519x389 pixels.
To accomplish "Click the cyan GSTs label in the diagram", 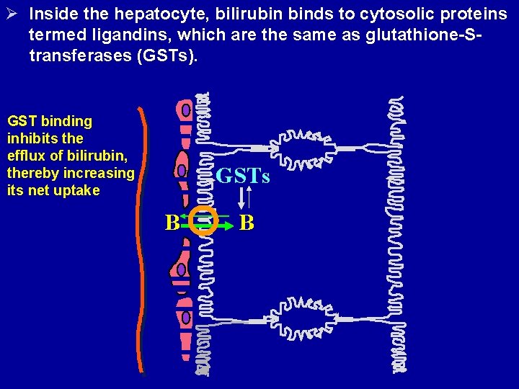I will click(243, 176).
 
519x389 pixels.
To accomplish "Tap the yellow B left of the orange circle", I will click(172, 223).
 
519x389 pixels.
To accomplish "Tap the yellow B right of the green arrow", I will click(247, 223).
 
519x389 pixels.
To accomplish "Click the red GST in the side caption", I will click(19, 121).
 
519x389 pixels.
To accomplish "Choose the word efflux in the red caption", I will click(27, 156).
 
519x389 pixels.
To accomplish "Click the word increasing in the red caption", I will click(99, 173).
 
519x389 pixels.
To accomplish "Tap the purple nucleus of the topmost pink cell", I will click(186, 110).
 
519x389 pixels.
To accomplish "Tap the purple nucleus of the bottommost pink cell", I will click(186, 318).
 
